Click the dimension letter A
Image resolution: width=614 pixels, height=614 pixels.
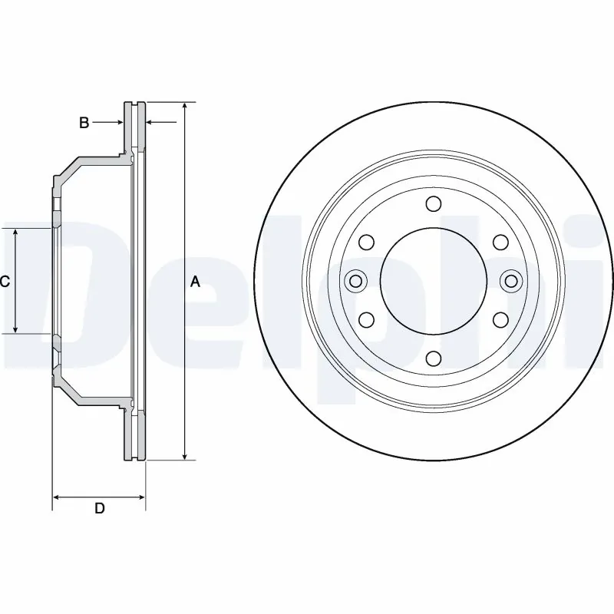pos(195,282)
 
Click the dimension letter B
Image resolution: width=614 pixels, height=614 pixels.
pos(85,122)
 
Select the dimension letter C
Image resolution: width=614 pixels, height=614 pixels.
pos(5,282)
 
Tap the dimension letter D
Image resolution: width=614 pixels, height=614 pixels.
pos(99,508)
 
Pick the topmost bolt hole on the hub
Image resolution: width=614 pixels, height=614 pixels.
pos(434,203)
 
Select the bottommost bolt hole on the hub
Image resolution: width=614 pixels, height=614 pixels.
pos(434,358)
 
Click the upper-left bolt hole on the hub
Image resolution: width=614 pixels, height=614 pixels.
pos(366,243)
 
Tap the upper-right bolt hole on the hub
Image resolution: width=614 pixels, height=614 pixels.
pos(500,243)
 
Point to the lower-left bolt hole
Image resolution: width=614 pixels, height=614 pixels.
pos(366,319)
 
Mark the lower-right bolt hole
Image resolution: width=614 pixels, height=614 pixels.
pos(500,319)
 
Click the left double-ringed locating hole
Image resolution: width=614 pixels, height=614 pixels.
pos(355,281)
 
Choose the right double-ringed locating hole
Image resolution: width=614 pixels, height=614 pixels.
pos(511,281)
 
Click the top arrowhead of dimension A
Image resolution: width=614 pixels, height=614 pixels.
pos(184,107)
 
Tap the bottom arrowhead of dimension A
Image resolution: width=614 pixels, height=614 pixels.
pos(184,454)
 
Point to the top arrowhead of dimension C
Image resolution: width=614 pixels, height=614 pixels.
pos(16,233)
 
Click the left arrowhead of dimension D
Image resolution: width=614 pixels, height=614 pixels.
pos(57,497)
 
